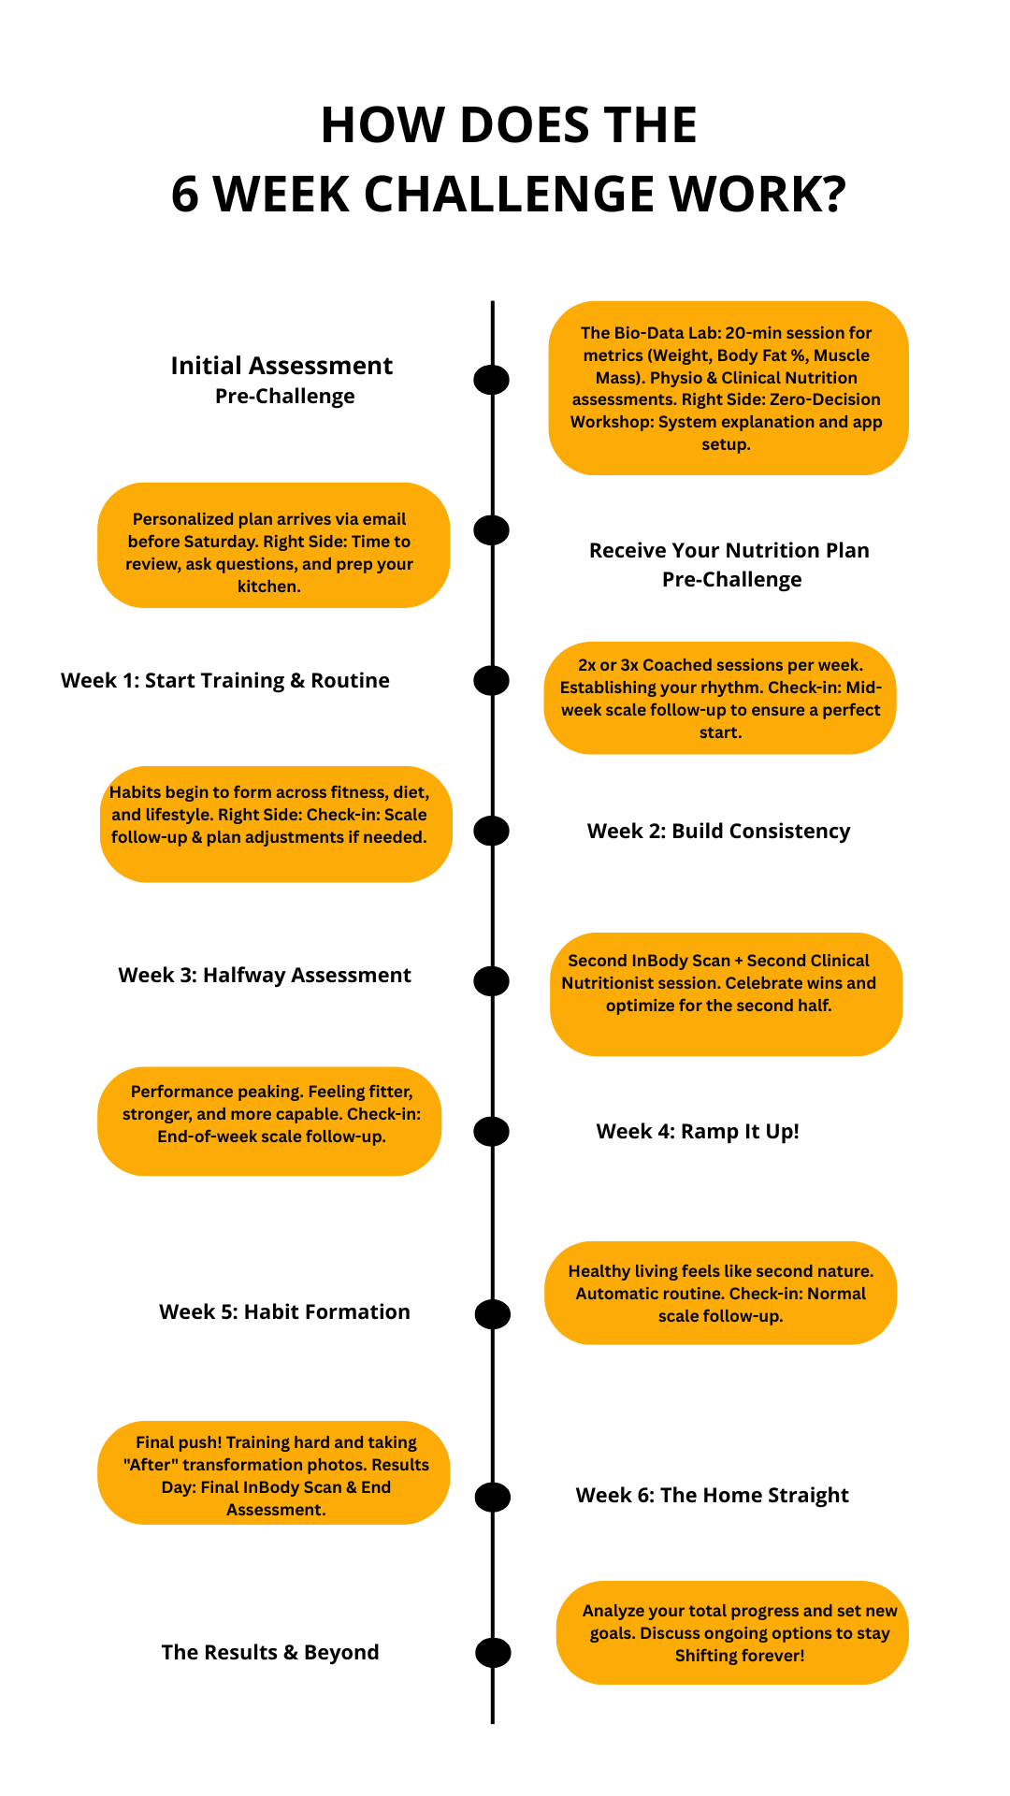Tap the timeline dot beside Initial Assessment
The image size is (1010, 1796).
491,379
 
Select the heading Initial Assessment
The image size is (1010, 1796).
281,366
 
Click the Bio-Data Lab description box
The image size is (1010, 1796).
728,388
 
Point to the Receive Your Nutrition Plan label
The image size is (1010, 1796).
729,551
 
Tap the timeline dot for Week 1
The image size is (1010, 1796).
491,680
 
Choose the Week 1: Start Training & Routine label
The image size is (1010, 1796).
225,681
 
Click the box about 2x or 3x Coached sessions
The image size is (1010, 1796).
720,698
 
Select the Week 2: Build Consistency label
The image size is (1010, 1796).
718,832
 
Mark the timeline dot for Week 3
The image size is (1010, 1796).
491,980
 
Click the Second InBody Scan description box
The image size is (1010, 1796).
726,993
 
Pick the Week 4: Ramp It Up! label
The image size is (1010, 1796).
698,1132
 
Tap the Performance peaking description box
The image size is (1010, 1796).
269,1121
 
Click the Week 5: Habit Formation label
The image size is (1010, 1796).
284,1312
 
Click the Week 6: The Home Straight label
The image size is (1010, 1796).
712,1496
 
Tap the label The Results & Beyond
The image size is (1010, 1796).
270,1653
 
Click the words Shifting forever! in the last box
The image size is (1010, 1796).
739,1656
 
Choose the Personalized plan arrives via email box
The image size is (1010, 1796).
273,545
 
